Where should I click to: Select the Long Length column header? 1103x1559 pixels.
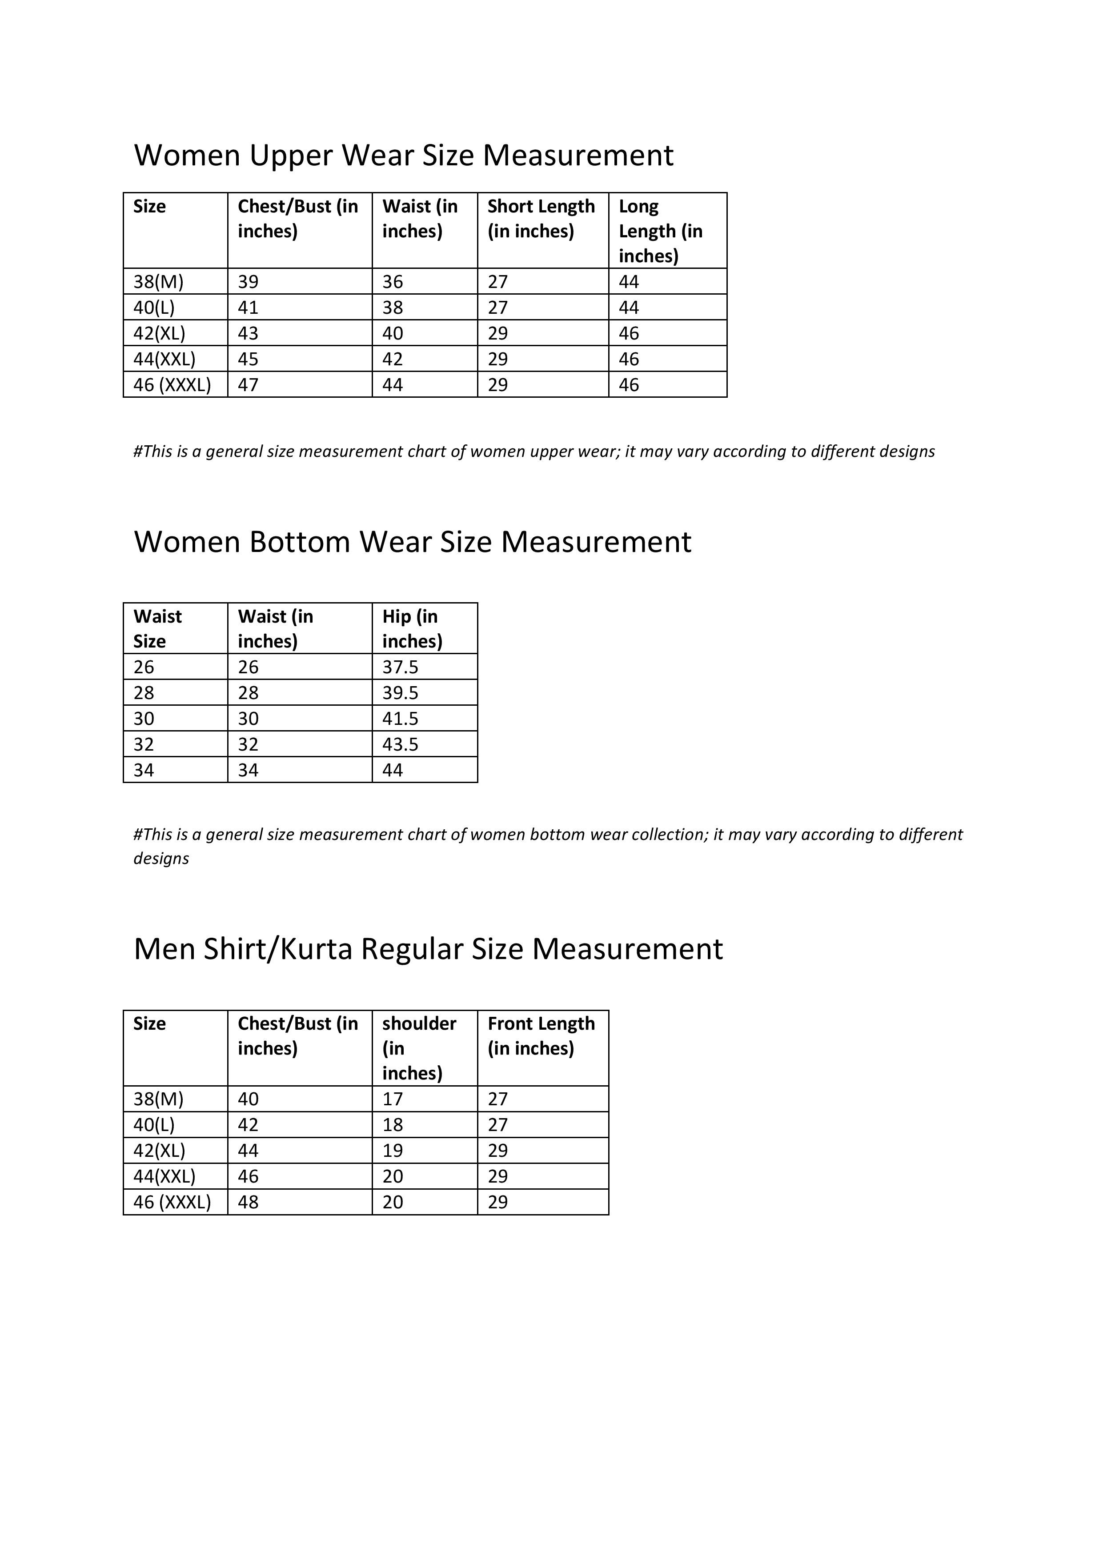click(660, 231)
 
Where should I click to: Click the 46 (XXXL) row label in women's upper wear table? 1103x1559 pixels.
click(172, 385)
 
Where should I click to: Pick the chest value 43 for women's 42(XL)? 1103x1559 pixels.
click(248, 333)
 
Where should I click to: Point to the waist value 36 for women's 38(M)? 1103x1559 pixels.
click(393, 282)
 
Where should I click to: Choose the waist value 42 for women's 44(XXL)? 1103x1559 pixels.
click(393, 359)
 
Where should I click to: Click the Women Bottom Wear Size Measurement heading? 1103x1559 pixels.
click(412, 542)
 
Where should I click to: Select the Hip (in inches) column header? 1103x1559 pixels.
click(412, 629)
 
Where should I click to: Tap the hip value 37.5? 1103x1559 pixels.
click(400, 668)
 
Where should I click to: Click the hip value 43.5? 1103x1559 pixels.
click(400, 745)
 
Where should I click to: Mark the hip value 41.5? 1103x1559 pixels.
click(400, 719)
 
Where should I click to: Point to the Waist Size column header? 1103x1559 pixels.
click(157, 629)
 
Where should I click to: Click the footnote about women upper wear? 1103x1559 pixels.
click(534, 452)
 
